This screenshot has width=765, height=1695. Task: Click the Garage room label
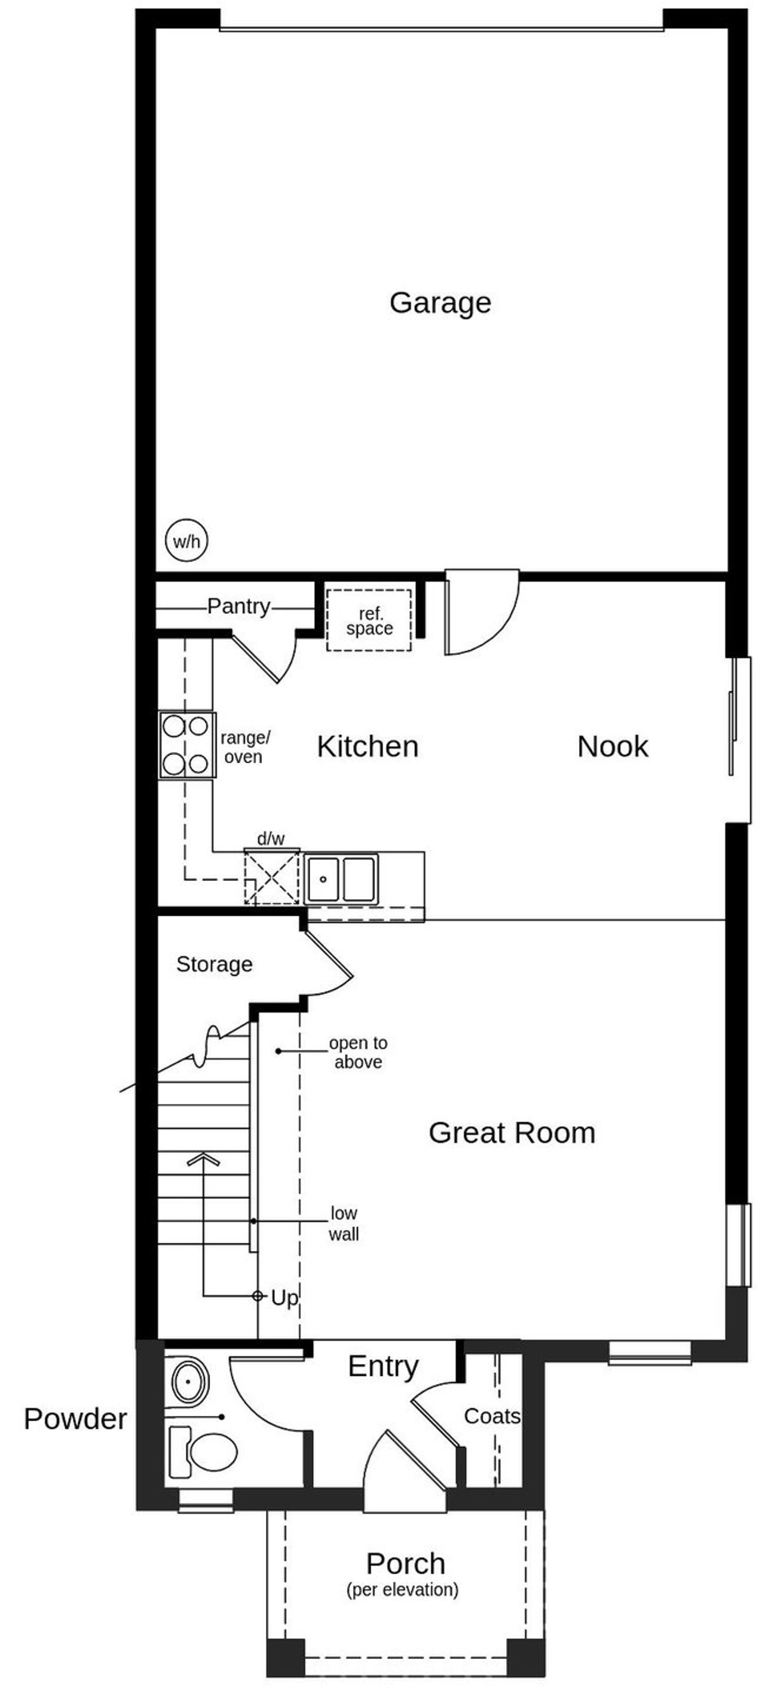coord(440,302)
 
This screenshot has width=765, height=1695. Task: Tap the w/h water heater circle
coord(186,541)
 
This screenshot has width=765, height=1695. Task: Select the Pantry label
coord(238,606)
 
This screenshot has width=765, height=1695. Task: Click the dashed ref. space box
coord(369,620)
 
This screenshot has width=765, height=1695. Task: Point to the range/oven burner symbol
coord(187,745)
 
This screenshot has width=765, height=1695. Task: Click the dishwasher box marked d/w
coord(272,876)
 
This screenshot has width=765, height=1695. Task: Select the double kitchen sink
coord(341,878)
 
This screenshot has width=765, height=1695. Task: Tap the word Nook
coord(613,746)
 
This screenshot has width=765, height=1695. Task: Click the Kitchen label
coord(367,746)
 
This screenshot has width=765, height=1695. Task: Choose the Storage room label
coord(215,964)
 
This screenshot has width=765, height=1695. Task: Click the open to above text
coord(358,1052)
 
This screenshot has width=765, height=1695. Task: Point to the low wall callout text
coord(344,1223)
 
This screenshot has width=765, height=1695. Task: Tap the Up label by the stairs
coord(284,1298)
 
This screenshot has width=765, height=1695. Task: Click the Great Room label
coord(512,1133)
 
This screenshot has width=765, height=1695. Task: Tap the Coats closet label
coord(492,1416)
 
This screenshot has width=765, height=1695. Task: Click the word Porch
coord(405,1564)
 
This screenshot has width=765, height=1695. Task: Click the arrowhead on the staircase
coord(203,1159)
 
